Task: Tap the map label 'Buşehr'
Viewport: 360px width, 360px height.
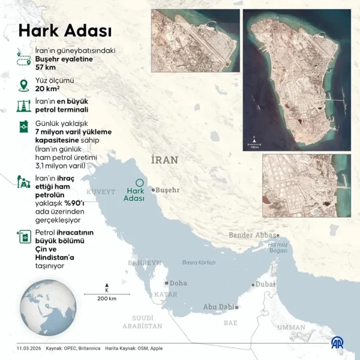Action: click(x=168, y=190)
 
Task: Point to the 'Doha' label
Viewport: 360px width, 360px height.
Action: click(x=178, y=283)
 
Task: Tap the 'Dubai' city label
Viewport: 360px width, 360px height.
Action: click(x=265, y=285)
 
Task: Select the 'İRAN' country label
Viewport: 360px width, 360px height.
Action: click(x=164, y=160)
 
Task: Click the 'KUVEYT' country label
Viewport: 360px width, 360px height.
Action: click(x=101, y=192)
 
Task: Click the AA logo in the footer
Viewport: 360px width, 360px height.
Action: click(x=337, y=343)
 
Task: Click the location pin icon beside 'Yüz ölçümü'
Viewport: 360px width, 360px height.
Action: click(x=24, y=85)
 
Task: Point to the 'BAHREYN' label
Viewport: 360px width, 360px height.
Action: click(x=144, y=263)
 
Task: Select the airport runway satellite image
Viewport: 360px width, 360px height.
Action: click(x=195, y=40)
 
